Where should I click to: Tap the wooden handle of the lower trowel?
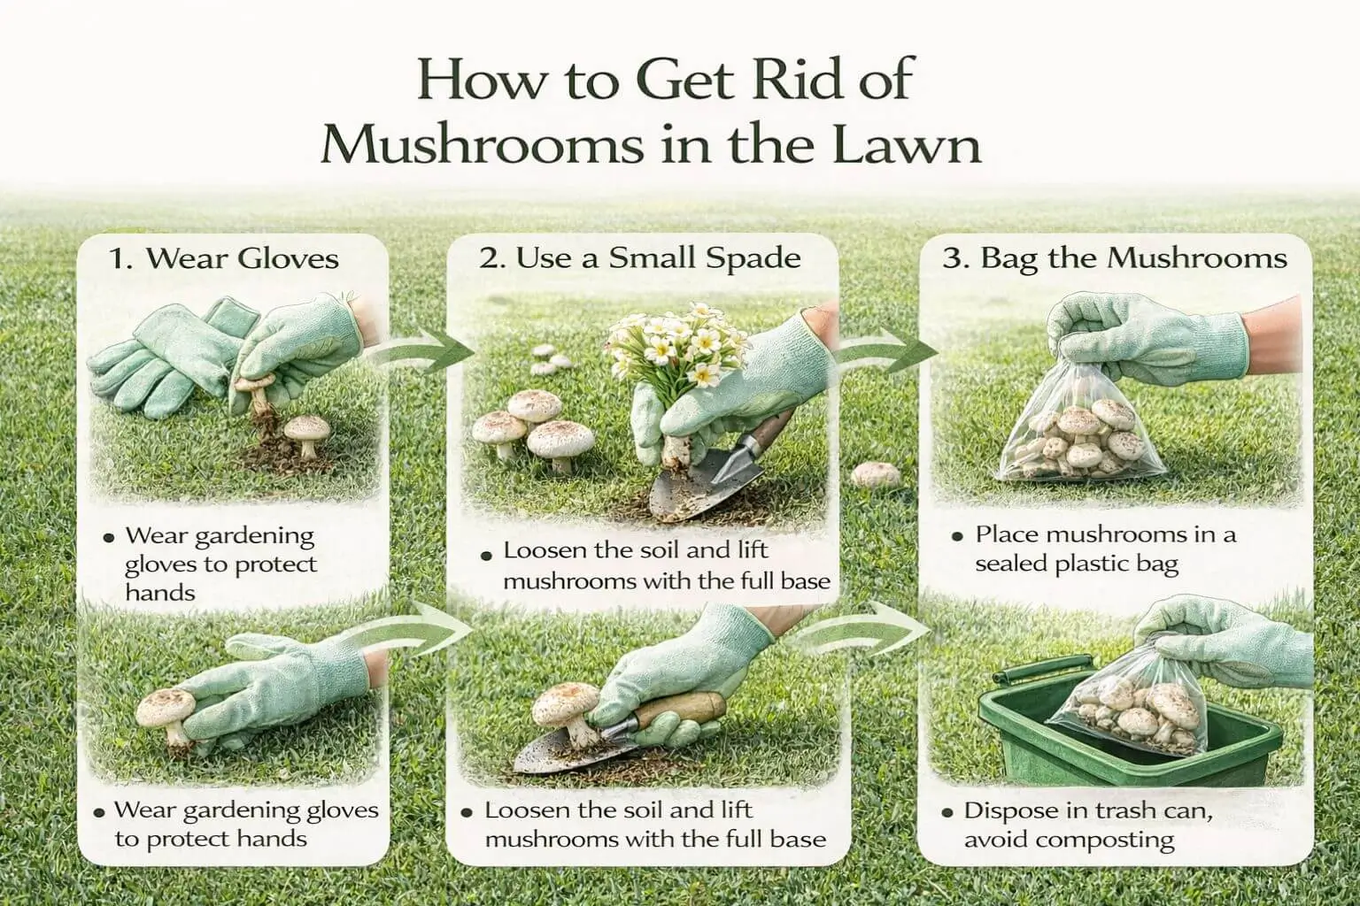tap(682, 709)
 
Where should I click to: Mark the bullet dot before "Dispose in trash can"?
tap(947, 812)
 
